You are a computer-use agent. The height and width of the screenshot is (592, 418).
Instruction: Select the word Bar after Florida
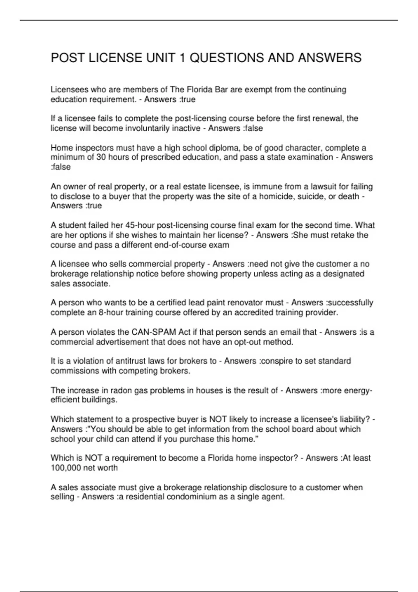(221, 90)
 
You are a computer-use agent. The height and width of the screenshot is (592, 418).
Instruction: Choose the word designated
(343, 274)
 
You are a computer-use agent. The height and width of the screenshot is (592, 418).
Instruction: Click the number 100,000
(65, 468)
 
